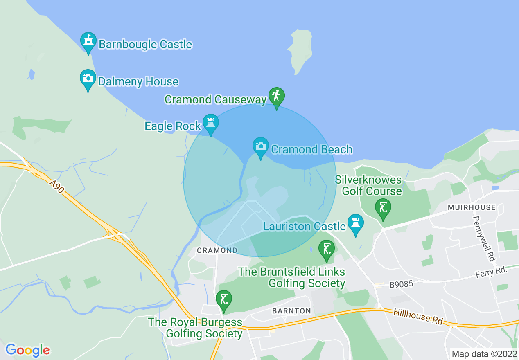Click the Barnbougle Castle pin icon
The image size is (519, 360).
pos(88,42)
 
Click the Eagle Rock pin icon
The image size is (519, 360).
pos(211,124)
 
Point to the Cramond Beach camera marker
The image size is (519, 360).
pos(260,147)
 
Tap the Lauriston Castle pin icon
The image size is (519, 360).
pos(355,224)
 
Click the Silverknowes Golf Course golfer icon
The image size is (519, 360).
pos(383,208)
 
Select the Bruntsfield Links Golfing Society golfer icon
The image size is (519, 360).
pos(326,250)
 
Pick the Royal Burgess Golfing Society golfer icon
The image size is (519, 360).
pos(223,300)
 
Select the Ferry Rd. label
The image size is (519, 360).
pos(491,272)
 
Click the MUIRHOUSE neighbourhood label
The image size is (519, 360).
pos(472,207)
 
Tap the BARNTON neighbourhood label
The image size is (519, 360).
pos(291,311)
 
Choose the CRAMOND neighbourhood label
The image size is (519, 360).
pos(217,250)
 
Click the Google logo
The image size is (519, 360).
pos(27,350)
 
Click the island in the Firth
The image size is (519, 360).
pos(301,49)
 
